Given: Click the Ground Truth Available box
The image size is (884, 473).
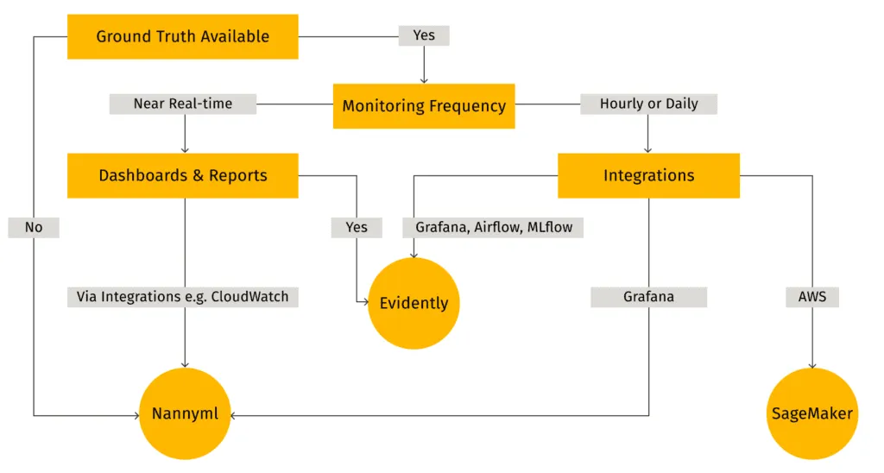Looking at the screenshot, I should point(182,36).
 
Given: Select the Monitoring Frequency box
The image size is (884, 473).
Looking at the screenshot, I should point(424,106).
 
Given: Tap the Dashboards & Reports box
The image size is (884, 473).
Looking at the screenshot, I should point(182,175).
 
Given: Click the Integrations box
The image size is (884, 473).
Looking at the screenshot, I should point(648,175).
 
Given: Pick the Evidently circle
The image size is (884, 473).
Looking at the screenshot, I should point(414,303).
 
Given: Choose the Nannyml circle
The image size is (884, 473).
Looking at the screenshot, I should point(185,413).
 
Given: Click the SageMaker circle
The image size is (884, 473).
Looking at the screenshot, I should point(811,413).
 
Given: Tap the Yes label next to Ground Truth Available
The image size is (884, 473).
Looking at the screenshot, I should point(423,36).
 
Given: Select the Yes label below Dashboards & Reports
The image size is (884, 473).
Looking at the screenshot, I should point(357,227).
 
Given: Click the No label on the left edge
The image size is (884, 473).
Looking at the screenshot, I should point(34,227).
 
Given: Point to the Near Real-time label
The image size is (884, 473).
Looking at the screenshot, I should point(183,104).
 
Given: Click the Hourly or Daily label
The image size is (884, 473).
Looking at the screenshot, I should point(648,104).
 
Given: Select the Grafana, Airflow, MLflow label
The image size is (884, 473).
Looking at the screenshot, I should point(493,227).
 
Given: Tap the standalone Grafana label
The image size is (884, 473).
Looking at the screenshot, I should point(648,297).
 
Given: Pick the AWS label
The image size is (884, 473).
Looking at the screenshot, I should point(811,297).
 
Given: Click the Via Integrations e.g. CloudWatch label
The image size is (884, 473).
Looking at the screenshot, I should point(183,297).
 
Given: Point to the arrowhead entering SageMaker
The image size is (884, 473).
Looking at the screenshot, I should point(811,364).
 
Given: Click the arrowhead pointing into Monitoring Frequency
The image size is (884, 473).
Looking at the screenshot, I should point(423,79).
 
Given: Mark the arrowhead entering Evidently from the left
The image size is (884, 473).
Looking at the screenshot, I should point(363,303).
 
